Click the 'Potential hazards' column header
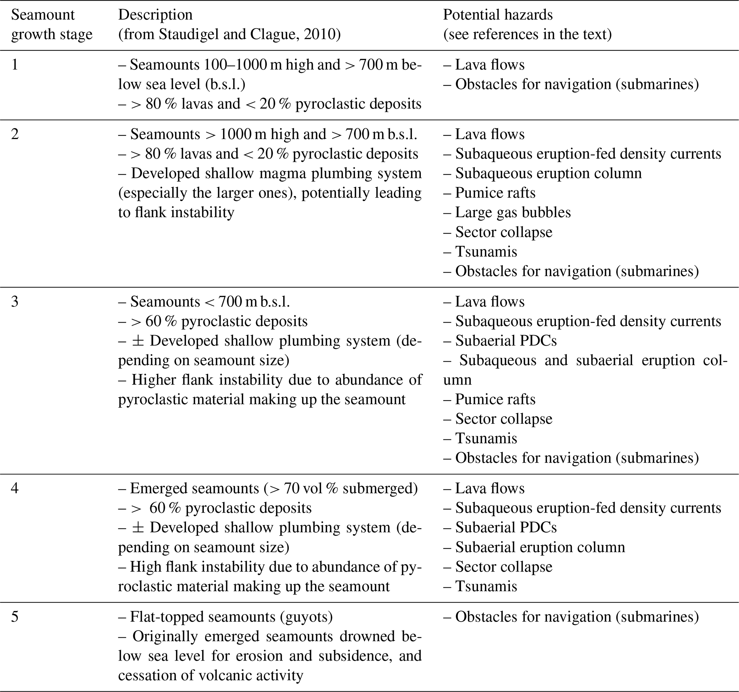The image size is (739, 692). [497, 15]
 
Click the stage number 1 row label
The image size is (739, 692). [15, 65]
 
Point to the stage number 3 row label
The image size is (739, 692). [15, 302]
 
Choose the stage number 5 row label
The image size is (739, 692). [15, 617]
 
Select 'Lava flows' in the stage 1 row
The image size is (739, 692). [489, 65]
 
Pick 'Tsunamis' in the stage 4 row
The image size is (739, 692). [486, 587]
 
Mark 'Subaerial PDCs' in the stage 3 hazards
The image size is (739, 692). [506, 340]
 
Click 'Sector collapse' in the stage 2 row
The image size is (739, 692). [504, 232]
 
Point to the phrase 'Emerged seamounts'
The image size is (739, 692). [194, 488]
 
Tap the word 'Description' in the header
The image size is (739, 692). [156, 15]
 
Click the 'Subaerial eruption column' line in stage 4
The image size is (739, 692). [540, 547]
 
